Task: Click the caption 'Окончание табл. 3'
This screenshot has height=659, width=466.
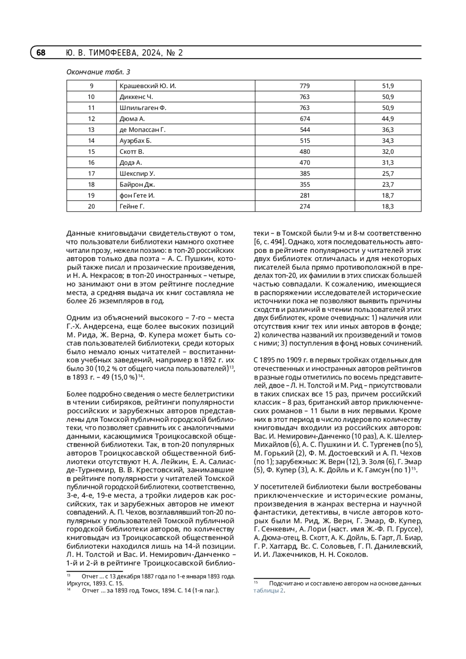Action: click(98, 72)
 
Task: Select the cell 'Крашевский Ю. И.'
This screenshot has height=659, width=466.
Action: click(148, 86)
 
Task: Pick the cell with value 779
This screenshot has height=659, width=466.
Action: click(304, 86)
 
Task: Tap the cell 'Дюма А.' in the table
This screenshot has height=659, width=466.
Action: click(132, 119)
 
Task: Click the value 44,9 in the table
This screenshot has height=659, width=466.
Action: click(388, 119)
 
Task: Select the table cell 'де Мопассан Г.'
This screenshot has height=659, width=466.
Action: click(143, 130)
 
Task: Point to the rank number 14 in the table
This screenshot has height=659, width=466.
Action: click(91, 141)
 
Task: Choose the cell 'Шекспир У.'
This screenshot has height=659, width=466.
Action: click(137, 174)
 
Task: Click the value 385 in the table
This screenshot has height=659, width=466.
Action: click(304, 174)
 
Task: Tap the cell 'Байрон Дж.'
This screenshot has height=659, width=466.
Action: click(137, 184)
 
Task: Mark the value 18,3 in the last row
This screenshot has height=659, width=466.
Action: click(388, 207)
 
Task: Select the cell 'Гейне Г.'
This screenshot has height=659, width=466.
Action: click(132, 207)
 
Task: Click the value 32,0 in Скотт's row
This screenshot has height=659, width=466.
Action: click(388, 151)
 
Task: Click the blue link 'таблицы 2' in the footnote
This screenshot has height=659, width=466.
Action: click(269, 591)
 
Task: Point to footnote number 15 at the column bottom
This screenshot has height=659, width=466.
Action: click(256, 582)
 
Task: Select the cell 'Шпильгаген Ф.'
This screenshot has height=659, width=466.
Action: click(143, 108)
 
